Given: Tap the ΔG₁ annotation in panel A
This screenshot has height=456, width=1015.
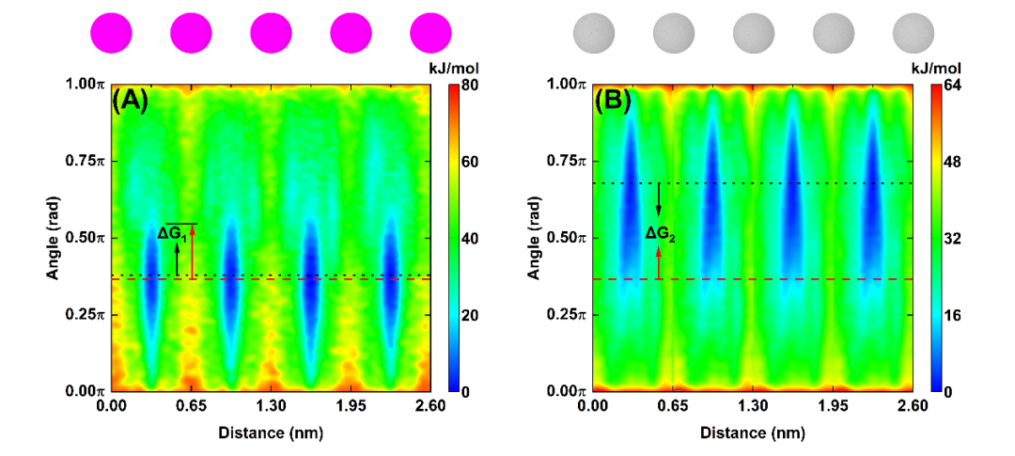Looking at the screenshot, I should coord(170,232).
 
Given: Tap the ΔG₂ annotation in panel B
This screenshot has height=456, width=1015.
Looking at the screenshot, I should coord(660,231).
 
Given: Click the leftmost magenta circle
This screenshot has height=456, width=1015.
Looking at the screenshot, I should coord(111,32).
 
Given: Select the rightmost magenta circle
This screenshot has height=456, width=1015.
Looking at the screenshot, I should coord(430,32).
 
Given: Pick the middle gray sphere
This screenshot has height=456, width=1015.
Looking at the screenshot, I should coord(753,32).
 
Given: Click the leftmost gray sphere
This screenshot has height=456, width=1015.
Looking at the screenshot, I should coord(593,32).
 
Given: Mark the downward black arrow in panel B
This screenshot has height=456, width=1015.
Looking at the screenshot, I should coord(658,198).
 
